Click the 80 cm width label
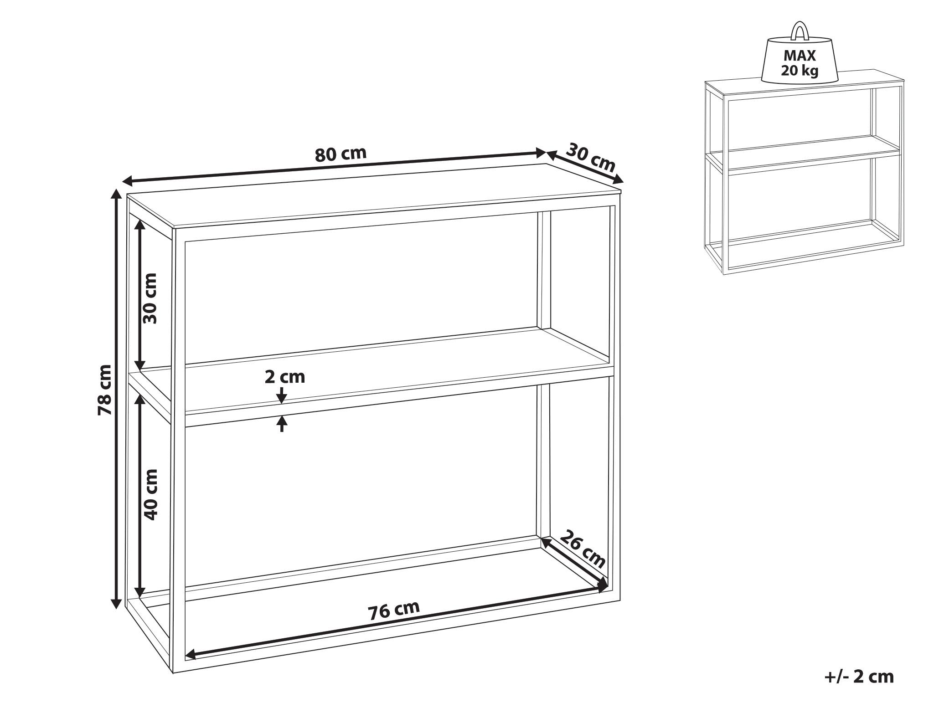click(x=340, y=154)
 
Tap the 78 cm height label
click(x=105, y=390)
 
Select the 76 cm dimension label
click(x=394, y=611)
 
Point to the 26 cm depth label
click(x=583, y=549)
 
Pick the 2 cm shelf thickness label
click(x=285, y=377)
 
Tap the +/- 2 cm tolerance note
click(x=859, y=677)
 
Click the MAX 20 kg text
click(x=800, y=63)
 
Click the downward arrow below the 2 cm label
click(x=282, y=395)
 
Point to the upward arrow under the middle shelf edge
click(x=282, y=424)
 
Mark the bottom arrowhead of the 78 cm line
click(x=117, y=603)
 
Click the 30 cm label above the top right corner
click(x=591, y=157)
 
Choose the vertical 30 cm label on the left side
click(x=150, y=298)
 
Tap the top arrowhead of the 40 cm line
click(x=140, y=400)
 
